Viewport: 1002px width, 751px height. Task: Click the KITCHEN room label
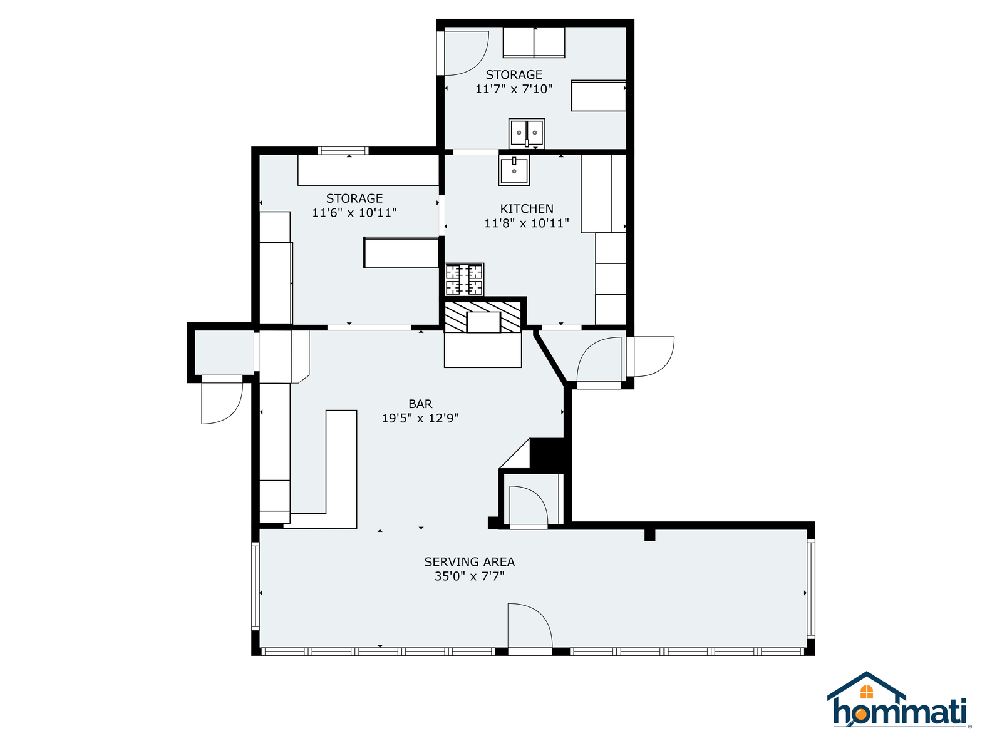coord(526,208)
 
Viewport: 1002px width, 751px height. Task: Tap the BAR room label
coord(420,404)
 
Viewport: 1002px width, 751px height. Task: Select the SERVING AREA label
coord(469,562)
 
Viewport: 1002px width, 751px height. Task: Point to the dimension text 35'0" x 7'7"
coord(469,576)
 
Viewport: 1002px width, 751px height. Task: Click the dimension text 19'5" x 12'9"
coord(420,418)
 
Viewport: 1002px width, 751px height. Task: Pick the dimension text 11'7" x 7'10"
coord(514,89)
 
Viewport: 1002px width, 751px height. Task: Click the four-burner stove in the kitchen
coord(464,280)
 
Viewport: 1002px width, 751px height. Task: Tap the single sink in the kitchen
coord(514,170)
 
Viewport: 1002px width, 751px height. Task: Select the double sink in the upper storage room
coord(527,133)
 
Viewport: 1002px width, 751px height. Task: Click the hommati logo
coord(899,700)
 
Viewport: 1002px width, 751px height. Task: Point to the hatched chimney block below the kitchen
coord(482,317)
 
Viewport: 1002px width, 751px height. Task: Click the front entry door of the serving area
coord(530,628)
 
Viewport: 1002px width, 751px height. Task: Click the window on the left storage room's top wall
coord(343,150)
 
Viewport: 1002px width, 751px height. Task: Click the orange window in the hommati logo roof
coord(866,692)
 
